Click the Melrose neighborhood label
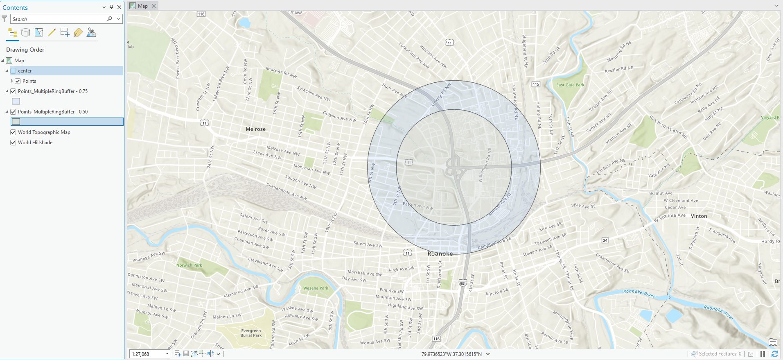[255, 129]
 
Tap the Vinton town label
[699, 216]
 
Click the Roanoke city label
[440, 254]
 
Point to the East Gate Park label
[570, 85]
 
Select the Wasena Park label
[316, 288]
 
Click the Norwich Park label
[189, 265]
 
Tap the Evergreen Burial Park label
[251, 333]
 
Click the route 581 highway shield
[463, 283]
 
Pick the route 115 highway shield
[536, 84]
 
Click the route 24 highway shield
[605, 240]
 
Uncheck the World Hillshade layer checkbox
[13, 143]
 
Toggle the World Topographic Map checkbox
[13, 132]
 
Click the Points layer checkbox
[18, 81]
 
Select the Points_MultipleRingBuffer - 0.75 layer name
[53, 91]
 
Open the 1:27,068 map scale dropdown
[167, 354]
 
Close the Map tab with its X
[153, 6]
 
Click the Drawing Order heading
[25, 50]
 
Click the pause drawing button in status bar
[763, 354]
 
